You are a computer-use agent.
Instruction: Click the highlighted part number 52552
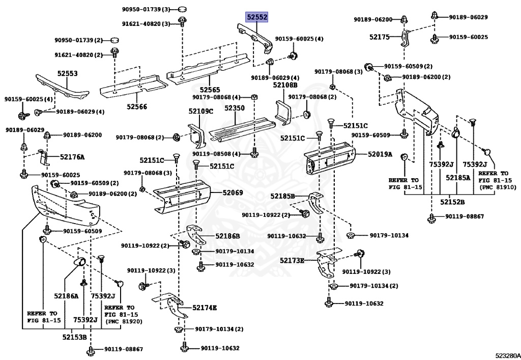[x=257, y=17]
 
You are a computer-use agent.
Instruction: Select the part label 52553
[x=67, y=73]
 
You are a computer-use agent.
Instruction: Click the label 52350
[x=235, y=108]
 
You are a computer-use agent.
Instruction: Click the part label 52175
[x=380, y=37]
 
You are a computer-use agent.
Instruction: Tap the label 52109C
[x=201, y=111]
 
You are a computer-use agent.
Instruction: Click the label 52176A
[x=72, y=157]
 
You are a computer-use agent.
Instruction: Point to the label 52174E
[x=205, y=308]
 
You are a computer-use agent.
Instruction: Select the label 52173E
[x=292, y=261]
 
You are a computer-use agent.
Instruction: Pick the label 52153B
[x=75, y=337]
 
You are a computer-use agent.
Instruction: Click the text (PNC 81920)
[x=124, y=322]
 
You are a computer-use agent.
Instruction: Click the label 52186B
[x=227, y=236]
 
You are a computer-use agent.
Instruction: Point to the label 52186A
[x=67, y=296]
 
